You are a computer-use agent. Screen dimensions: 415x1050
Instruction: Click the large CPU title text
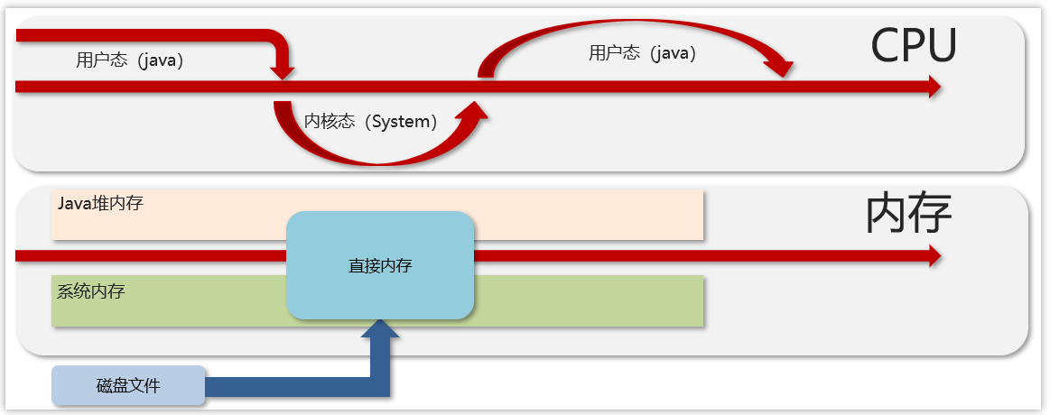click(x=913, y=45)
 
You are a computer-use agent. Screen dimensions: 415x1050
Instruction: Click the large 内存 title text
click(x=908, y=215)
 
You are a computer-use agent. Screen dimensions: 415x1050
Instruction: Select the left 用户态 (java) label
click(x=130, y=60)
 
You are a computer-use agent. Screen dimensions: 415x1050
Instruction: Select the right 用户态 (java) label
click(x=642, y=53)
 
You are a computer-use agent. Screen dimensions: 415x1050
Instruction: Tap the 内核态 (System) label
click(x=370, y=121)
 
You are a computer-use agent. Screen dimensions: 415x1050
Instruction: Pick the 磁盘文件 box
click(x=128, y=385)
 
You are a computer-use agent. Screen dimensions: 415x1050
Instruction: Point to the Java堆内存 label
click(x=100, y=203)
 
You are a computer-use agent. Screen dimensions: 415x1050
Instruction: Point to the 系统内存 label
click(x=91, y=291)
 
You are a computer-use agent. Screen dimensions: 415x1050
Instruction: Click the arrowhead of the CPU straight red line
click(x=934, y=87)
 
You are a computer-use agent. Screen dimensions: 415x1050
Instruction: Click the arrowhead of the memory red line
click(x=934, y=256)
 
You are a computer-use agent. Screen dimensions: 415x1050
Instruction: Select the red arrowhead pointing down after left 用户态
click(x=283, y=71)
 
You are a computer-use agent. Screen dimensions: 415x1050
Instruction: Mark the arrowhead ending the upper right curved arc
click(x=780, y=69)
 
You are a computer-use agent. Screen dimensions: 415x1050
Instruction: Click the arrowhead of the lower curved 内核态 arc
click(x=474, y=110)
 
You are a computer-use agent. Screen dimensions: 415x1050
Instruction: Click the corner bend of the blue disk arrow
click(x=379, y=387)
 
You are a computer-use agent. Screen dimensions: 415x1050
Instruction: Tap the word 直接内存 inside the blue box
click(x=380, y=266)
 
